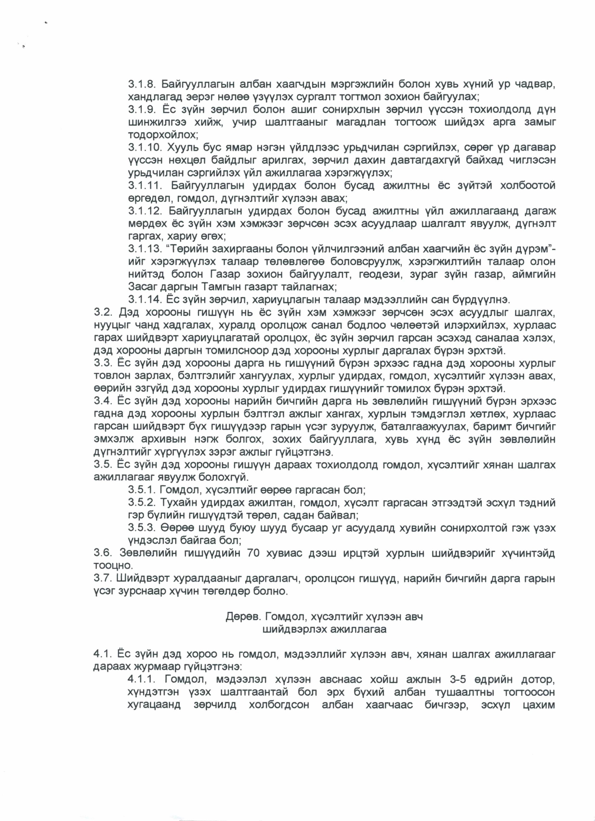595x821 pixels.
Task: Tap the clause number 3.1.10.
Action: [x=144, y=147]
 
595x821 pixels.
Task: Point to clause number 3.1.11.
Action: [x=144, y=185]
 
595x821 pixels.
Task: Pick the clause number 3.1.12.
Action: [x=144, y=211]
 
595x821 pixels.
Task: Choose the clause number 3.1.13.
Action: [x=144, y=249]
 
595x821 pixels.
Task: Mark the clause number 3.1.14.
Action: [x=144, y=300]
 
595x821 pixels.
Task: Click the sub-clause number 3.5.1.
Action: [x=141, y=490]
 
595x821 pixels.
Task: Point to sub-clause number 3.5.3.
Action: [x=141, y=528]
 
